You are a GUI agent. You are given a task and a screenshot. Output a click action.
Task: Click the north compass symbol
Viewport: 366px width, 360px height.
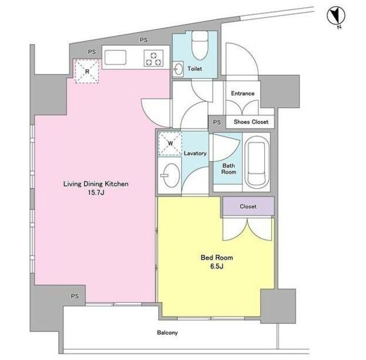tap(336, 16)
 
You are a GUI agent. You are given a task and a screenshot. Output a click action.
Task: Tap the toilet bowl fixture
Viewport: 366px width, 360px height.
tap(200, 45)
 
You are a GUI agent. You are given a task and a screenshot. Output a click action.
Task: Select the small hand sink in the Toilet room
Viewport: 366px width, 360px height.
tap(178, 69)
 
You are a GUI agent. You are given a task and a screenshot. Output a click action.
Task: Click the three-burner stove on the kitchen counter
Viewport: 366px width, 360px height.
tap(153, 58)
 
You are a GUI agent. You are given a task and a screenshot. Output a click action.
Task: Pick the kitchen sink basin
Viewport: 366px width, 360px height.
tap(116, 58)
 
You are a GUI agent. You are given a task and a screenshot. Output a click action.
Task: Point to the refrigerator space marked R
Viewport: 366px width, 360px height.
tap(87, 71)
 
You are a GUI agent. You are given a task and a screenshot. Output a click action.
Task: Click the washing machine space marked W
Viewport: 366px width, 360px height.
tap(170, 143)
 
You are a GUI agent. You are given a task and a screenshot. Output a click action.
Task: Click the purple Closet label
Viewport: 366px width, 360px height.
tap(248, 206)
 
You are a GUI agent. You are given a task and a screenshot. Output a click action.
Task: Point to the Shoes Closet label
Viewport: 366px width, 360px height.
tap(251, 122)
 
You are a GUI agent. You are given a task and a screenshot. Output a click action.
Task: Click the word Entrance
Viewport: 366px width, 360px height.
tap(242, 93)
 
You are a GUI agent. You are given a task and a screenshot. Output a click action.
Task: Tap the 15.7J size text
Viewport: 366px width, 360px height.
tap(96, 193)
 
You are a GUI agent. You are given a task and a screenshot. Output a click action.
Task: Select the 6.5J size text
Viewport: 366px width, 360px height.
tap(217, 266)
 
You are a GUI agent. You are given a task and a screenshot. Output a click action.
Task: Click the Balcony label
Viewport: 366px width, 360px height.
tap(168, 333)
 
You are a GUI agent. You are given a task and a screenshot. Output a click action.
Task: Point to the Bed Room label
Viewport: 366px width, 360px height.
tap(217, 257)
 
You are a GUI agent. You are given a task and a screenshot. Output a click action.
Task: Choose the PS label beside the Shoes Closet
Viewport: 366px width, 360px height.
tap(217, 122)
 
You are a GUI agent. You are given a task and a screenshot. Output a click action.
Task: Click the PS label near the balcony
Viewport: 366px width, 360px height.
tap(75, 296)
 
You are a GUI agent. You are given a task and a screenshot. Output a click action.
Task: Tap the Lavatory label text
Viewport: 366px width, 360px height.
tap(195, 153)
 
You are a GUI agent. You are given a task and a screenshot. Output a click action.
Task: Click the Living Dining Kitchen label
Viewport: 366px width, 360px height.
tap(96, 184)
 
